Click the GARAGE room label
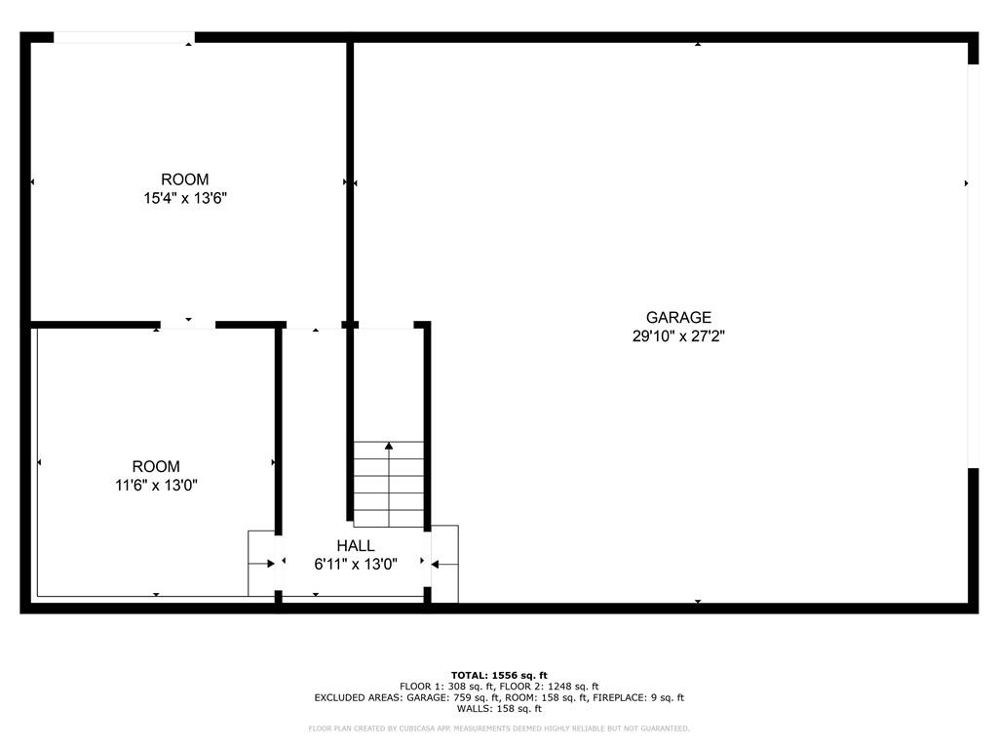click(x=678, y=317)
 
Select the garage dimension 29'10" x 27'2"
click(x=678, y=335)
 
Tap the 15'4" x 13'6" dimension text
click(x=185, y=198)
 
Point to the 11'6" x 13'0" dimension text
click(x=156, y=486)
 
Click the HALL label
click(x=356, y=546)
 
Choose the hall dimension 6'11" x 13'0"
click(x=356, y=565)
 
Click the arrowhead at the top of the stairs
click(x=389, y=446)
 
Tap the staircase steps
click(x=388, y=484)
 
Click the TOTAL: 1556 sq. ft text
click(x=499, y=676)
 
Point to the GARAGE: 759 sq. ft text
click(x=453, y=698)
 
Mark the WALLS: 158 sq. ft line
click(x=499, y=709)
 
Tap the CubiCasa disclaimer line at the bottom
click(x=499, y=729)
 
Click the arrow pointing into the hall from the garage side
click(x=444, y=565)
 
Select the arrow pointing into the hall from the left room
click(x=261, y=564)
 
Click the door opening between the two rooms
click(x=188, y=325)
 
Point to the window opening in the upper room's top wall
click(x=124, y=38)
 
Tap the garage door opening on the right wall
click(x=974, y=266)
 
